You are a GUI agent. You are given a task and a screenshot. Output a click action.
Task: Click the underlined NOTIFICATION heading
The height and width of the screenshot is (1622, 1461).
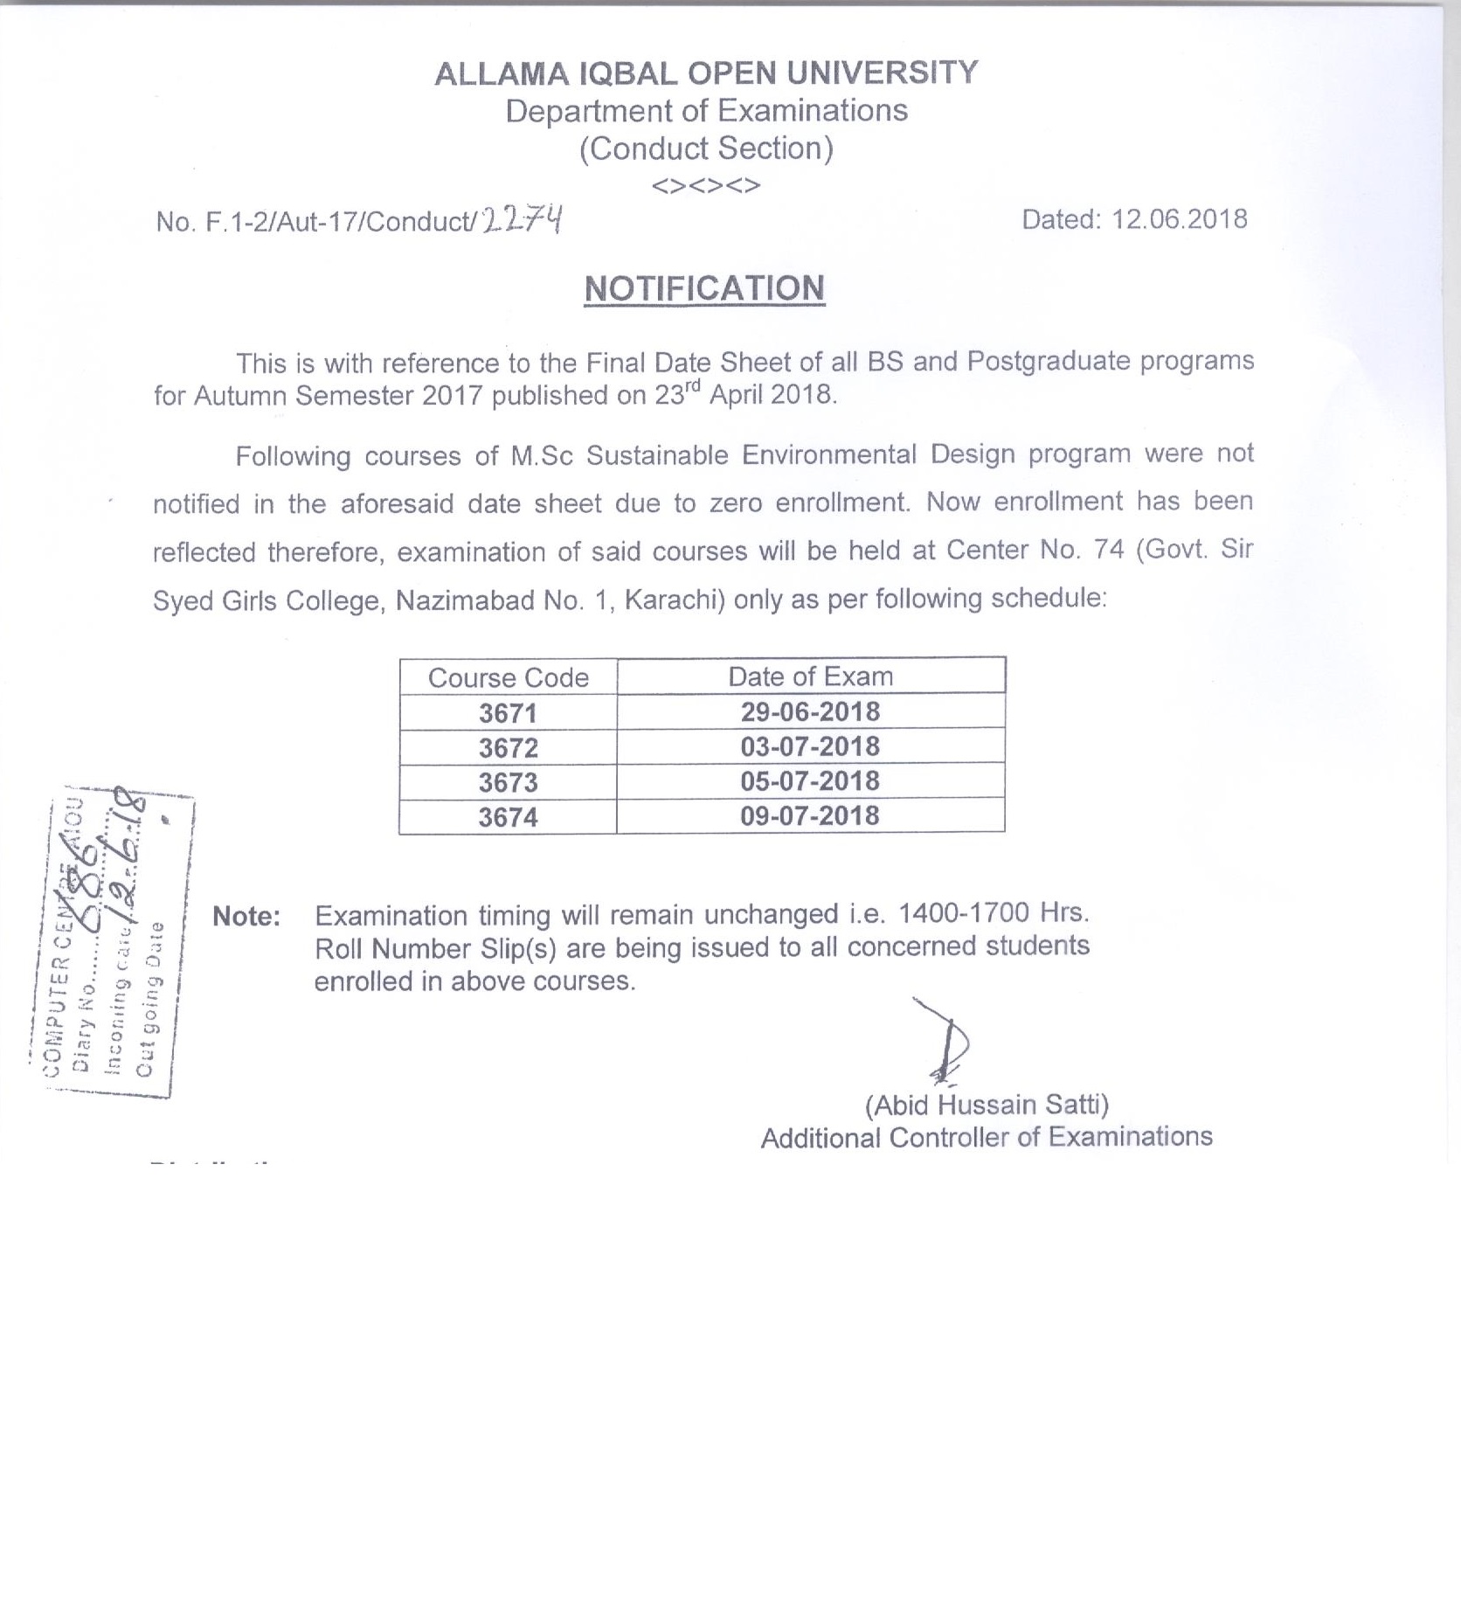(x=704, y=288)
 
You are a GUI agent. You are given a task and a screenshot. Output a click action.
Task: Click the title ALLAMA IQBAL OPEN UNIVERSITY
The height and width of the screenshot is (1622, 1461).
(x=706, y=73)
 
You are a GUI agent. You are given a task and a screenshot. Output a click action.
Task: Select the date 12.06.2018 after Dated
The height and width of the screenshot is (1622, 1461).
(x=1179, y=218)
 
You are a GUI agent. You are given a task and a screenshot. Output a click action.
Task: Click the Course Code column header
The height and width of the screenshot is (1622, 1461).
(x=508, y=678)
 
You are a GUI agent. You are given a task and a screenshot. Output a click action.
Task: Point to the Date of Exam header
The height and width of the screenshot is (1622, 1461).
(x=810, y=676)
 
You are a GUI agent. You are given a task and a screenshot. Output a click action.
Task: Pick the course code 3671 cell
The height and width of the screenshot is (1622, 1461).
(x=508, y=713)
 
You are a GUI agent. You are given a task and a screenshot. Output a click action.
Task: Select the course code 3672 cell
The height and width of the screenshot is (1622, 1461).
(x=508, y=748)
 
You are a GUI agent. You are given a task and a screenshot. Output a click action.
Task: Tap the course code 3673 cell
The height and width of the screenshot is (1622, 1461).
(x=508, y=782)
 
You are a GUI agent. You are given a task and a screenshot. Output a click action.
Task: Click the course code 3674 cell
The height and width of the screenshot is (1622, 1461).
(x=508, y=817)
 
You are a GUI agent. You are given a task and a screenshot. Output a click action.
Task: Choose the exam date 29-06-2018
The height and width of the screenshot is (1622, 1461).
(x=810, y=712)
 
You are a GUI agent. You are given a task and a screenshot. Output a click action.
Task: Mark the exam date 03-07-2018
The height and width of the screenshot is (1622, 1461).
(x=810, y=747)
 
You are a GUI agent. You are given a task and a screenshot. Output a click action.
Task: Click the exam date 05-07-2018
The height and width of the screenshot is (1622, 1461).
(x=810, y=781)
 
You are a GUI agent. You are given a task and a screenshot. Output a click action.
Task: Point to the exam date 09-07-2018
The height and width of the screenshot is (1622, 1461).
(x=810, y=816)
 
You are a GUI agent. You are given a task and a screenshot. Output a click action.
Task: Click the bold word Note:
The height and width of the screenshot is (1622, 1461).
(x=246, y=917)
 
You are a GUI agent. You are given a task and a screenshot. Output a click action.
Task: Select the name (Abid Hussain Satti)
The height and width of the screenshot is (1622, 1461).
(x=987, y=1106)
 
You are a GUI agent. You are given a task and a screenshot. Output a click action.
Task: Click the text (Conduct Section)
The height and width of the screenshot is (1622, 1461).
(x=706, y=149)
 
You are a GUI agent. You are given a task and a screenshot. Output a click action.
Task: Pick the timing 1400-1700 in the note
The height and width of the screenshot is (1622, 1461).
(x=962, y=913)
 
